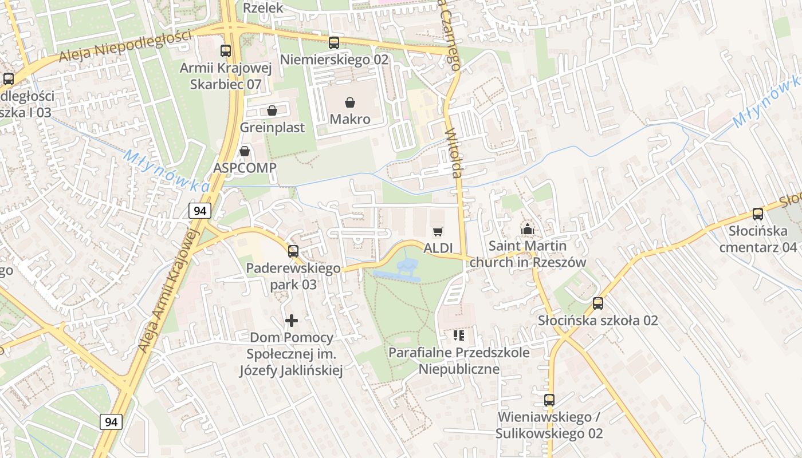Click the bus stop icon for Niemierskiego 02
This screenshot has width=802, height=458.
coord(334,42)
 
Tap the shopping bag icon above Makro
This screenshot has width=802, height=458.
coord(349,102)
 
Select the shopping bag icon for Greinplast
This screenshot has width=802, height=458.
coord(272,110)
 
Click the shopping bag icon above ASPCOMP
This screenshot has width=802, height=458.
coord(245,151)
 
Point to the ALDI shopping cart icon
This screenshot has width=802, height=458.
coord(438,231)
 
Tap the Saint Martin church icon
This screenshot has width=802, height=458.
coord(527,230)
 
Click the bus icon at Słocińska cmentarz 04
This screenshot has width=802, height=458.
coord(758,214)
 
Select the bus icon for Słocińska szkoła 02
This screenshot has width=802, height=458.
coord(598,303)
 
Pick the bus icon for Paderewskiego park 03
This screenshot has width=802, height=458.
coord(293,251)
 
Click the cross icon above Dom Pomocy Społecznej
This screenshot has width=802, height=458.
coord(292,321)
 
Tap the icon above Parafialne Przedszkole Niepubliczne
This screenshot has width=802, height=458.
coord(458,335)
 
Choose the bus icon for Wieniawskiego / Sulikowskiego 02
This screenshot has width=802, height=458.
coord(549,400)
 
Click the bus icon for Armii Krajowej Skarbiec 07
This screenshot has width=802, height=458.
coord(226,51)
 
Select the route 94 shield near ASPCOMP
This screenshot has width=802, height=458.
coord(200,211)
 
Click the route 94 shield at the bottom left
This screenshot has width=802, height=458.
coord(111,422)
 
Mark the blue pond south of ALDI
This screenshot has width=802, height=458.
coord(401,271)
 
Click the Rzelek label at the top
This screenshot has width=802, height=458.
coord(263,7)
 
